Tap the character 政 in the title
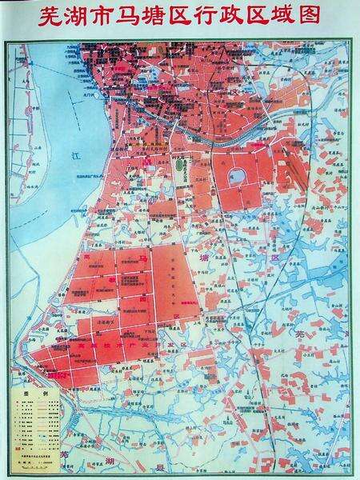click(x=234, y=17)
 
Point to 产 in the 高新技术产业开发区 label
click(x=130, y=346)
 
